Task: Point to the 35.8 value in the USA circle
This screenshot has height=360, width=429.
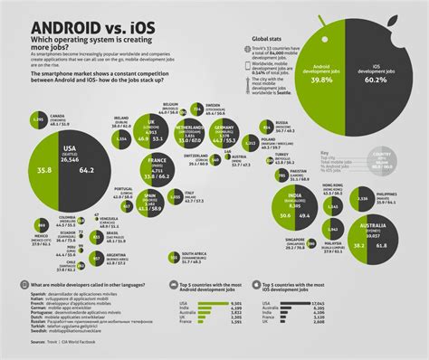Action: [42, 167]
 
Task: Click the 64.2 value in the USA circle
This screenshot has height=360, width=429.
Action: [89, 167]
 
